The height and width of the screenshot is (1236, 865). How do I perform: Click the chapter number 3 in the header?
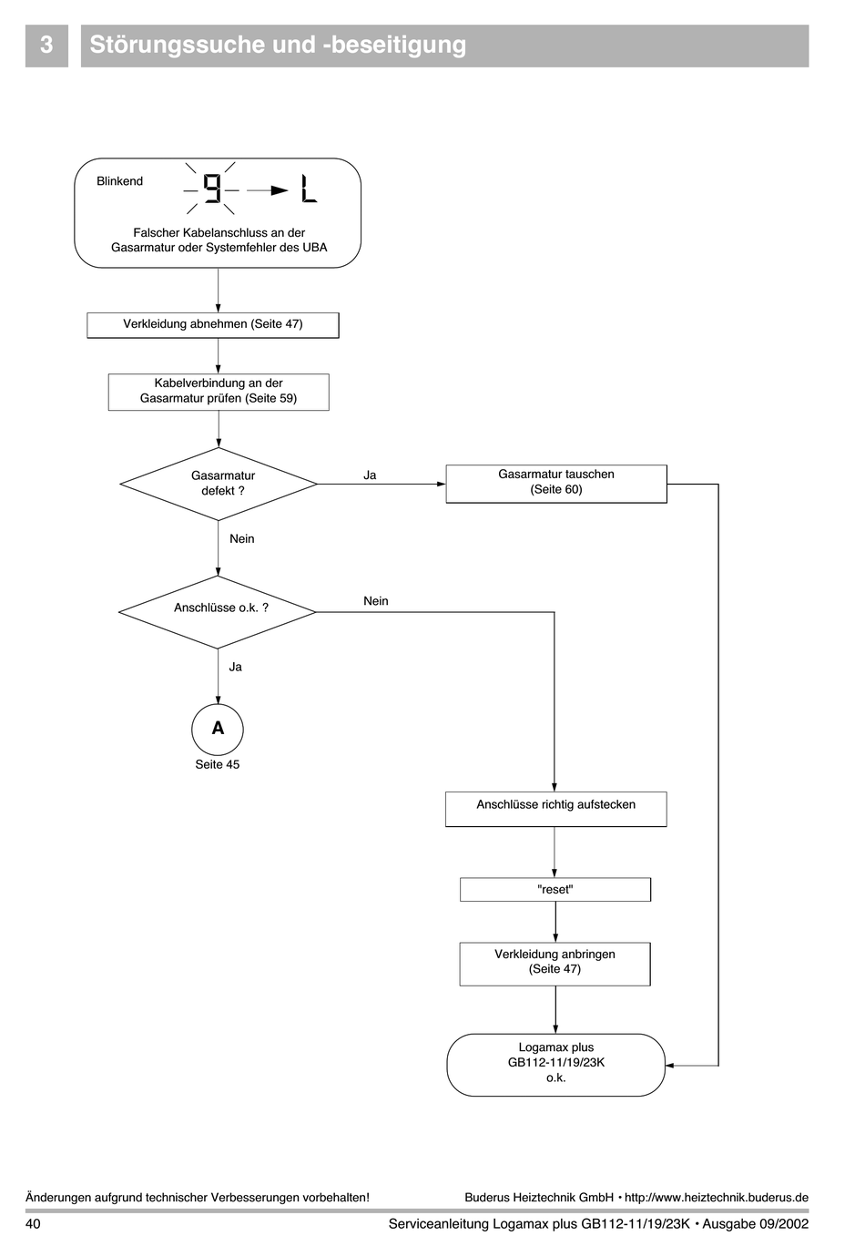coord(46,45)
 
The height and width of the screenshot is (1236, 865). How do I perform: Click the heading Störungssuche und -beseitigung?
coord(278,45)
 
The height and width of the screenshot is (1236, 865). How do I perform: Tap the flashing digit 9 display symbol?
coord(212,189)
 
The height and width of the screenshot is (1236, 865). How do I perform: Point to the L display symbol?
coord(310,189)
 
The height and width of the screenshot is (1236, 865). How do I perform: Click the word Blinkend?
coord(119,181)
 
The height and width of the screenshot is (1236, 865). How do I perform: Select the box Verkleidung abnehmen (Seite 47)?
coord(213,325)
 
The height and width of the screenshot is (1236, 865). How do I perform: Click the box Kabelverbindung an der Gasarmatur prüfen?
coord(219,392)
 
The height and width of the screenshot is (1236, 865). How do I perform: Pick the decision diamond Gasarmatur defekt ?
coord(219,484)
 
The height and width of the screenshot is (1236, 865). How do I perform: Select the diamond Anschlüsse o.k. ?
coord(218,612)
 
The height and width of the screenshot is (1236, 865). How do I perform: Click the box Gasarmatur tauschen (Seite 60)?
coord(556,484)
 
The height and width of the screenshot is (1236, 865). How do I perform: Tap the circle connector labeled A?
coord(218,730)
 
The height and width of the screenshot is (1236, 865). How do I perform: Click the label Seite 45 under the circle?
coord(218,764)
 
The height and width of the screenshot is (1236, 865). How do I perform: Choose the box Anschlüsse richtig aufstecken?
coord(556,809)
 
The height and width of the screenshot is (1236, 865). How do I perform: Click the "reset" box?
coord(555,890)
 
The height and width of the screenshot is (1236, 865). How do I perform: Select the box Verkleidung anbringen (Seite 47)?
coord(555,964)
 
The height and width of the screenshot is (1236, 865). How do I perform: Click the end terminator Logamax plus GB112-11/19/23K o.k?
coord(556,1065)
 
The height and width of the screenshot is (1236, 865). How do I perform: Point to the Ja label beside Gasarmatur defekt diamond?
coord(370,475)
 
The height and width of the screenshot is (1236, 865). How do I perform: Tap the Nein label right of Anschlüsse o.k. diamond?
coord(376,601)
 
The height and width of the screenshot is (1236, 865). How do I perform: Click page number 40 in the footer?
coord(33,1223)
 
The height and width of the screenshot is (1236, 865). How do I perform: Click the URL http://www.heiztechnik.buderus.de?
coord(717,1198)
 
